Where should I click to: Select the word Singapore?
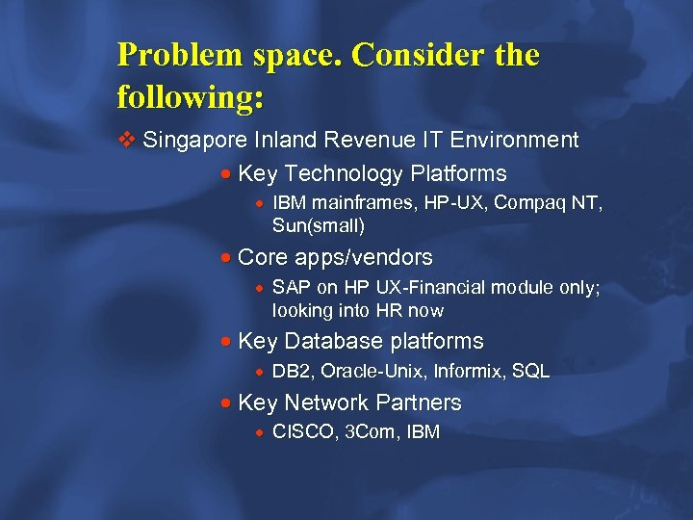click(x=195, y=141)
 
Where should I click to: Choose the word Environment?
click(x=515, y=141)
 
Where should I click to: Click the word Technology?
click(x=345, y=174)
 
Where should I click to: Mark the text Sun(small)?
click(x=318, y=226)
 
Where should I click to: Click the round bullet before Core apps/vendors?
click(x=224, y=258)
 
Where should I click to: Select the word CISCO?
click(x=300, y=433)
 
